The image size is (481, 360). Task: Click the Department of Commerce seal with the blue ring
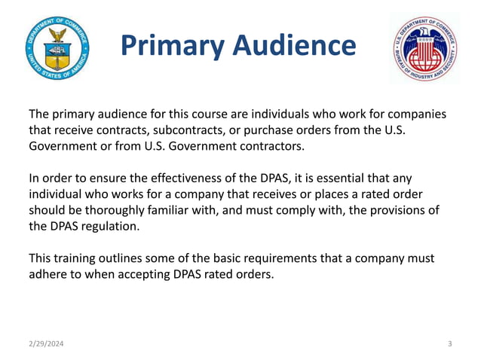point(56,48)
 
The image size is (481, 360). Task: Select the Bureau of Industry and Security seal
point(425,49)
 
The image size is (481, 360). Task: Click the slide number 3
point(449,344)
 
